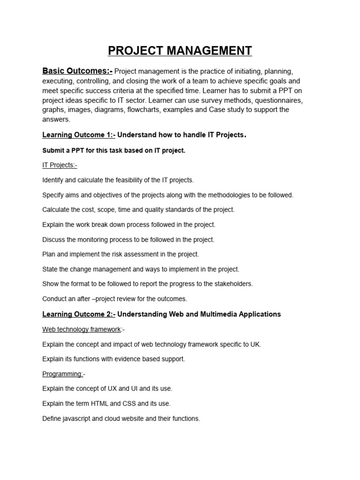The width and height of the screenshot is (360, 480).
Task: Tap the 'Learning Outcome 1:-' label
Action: [x=79, y=135]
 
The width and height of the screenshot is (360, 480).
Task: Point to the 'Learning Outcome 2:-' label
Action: [x=79, y=314]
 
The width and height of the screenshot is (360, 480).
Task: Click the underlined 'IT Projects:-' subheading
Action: [x=60, y=165]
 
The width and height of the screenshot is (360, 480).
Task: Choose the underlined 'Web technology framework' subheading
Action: [x=82, y=330]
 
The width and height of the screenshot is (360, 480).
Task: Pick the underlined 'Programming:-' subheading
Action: [x=63, y=374]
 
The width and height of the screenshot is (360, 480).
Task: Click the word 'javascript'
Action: [x=77, y=419]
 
